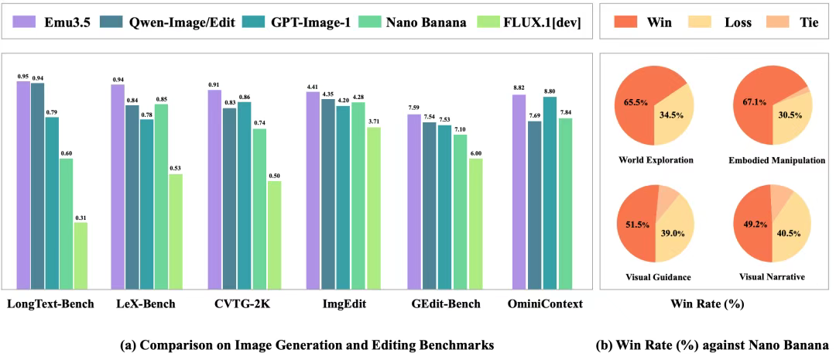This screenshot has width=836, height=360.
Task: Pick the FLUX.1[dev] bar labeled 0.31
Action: pyautogui.click(x=81, y=255)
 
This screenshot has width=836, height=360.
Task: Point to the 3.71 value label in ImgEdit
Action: pyautogui.click(x=374, y=122)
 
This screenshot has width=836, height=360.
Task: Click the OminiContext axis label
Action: pyautogui.click(x=544, y=304)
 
